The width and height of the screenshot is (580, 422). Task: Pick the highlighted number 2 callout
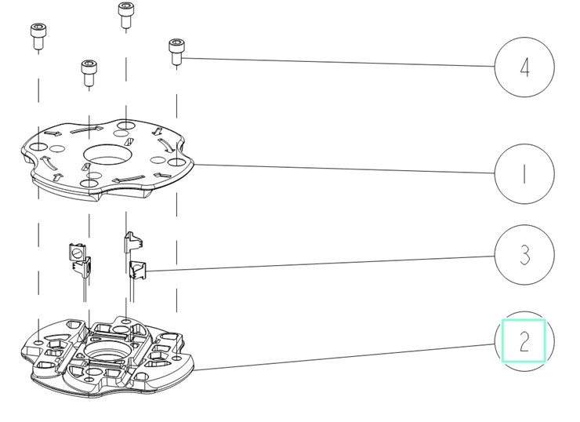524,340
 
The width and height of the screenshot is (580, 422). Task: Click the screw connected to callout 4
176,52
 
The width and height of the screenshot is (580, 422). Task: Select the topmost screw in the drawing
126,15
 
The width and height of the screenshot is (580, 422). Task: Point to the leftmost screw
38,36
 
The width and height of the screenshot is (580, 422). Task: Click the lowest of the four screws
89,72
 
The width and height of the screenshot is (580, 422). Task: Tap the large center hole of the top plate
107,155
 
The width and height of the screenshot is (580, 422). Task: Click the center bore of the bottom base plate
106,350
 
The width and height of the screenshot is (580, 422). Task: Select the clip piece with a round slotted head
77,252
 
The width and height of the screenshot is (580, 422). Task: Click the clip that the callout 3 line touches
138,270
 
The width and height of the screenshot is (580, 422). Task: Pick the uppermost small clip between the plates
133,242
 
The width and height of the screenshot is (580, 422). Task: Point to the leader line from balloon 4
338,62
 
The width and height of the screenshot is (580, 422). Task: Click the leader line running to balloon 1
344,169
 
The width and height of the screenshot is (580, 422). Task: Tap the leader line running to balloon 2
344,357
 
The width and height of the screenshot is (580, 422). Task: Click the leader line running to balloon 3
321,264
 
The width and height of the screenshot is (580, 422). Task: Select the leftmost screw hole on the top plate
38,147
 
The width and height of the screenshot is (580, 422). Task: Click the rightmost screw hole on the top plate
176,162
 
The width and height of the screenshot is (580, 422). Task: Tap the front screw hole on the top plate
89,184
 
